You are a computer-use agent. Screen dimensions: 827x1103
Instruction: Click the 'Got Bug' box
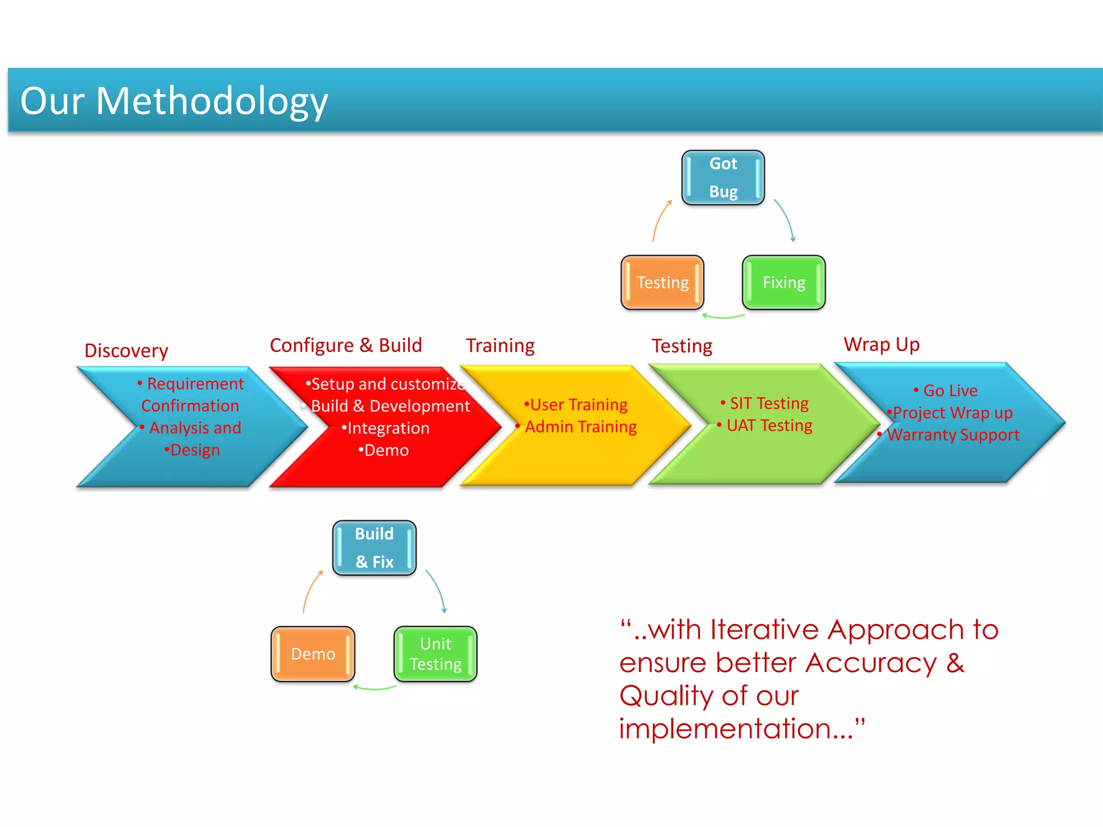(723, 178)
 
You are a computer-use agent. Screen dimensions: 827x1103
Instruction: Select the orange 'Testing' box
(662, 283)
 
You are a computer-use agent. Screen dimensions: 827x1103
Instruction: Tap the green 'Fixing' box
(784, 283)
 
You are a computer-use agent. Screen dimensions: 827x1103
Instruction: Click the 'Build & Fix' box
(374, 548)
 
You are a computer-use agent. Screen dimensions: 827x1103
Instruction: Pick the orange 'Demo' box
(313, 654)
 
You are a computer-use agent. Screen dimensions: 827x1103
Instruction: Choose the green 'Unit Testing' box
(436, 654)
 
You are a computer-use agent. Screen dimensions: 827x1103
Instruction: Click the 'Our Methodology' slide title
(174, 101)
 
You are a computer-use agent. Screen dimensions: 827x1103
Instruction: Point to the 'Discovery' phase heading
(127, 351)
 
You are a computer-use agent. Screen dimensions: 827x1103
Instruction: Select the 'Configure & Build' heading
(346, 345)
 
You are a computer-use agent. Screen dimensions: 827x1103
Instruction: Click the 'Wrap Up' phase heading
(882, 344)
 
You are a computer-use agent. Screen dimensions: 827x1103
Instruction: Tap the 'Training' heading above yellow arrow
(500, 345)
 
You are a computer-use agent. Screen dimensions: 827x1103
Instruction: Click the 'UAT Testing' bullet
(769, 425)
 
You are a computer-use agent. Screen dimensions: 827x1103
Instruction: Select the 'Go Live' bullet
(950, 390)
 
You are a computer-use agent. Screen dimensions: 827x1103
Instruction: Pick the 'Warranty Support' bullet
(953, 434)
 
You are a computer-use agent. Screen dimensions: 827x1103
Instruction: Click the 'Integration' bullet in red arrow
(388, 428)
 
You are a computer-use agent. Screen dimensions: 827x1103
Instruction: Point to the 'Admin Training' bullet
(581, 426)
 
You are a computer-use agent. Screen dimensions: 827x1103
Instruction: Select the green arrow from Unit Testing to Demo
(374, 688)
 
